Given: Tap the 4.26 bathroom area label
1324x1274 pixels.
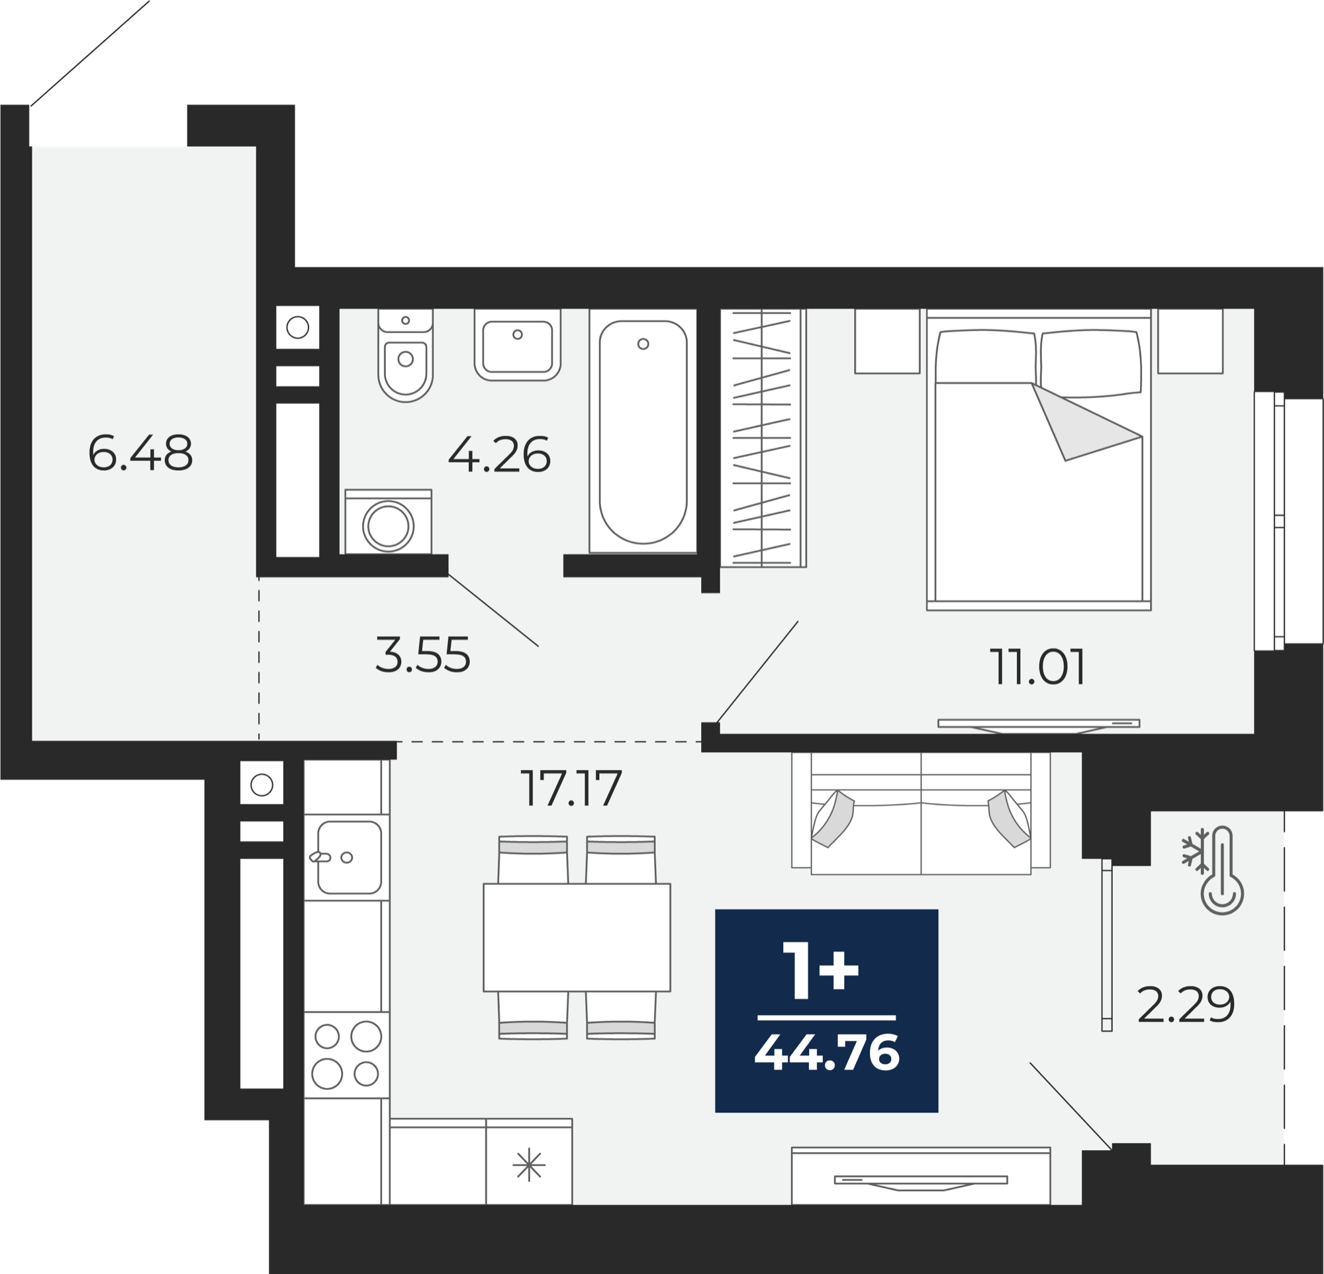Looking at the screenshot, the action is point(499,455).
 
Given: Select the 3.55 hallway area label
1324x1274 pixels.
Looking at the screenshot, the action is point(423,655).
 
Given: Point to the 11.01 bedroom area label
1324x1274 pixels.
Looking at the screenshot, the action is point(1037,667).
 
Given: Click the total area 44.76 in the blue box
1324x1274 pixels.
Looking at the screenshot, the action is point(827,1053).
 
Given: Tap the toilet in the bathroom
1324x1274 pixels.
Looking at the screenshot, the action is point(405,356).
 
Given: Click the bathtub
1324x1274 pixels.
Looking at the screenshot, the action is point(643,431).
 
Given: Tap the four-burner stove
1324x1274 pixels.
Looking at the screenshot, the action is point(346,1054).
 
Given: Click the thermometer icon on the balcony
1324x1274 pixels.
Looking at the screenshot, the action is point(1222,871).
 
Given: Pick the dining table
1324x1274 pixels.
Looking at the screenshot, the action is point(577,938).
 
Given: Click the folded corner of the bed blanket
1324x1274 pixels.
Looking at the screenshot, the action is point(1081,424).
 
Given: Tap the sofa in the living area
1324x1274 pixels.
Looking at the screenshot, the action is point(921,813).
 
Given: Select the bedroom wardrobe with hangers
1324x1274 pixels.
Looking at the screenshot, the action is point(763,438).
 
